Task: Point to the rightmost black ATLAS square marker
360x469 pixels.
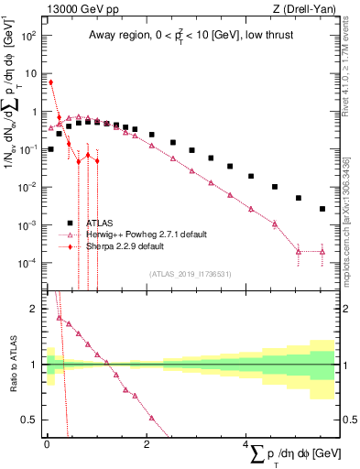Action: pyautogui.click(x=322, y=209)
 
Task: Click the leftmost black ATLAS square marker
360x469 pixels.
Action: pyautogui.click(x=51, y=148)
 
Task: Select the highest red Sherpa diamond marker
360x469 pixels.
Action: pyautogui.click(x=51, y=82)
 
